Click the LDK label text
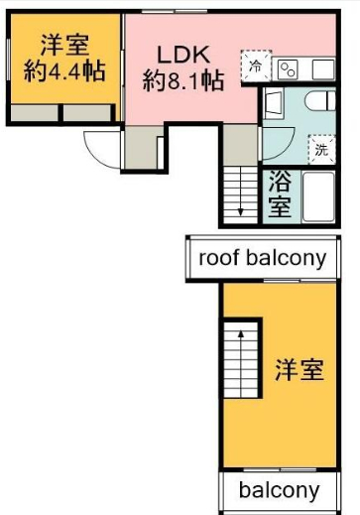[x=183, y=55]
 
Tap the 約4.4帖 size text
[x=64, y=71]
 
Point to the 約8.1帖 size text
[x=183, y=80]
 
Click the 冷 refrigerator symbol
[x=256, y=65]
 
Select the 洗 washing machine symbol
[x=321, y=150]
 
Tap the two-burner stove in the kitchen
[x=288, y=69]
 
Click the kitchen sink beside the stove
[x=323, y=68]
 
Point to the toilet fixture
[x=320, y=100]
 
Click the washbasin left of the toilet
[x=274, y=102]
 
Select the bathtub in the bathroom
[x=318, y=197]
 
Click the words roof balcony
[x=263, y=258]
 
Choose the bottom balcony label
[x=280, y=490]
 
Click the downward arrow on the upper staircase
[x=240, y=192]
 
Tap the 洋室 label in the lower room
[x=300, y=370]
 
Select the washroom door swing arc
[x=283, y=147]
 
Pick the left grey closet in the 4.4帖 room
[x=34, y=113]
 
